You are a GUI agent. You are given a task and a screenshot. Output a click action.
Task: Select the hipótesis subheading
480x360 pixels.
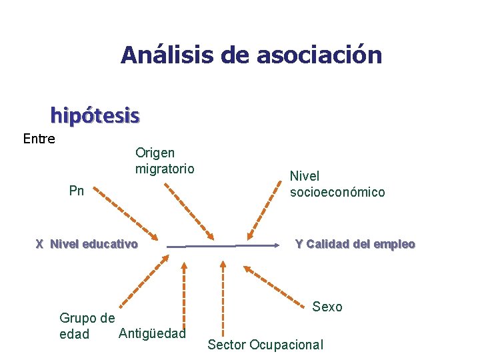95,116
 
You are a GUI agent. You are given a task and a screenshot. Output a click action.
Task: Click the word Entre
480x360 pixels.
39,139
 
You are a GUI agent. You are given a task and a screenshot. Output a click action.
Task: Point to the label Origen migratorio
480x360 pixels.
165,161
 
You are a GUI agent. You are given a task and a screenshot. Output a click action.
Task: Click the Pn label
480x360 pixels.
77,191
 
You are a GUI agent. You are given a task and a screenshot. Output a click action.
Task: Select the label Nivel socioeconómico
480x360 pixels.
337,184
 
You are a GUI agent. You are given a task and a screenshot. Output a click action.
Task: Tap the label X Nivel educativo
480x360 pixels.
87,244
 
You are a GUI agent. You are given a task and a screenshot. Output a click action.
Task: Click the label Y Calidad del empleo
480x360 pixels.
355,244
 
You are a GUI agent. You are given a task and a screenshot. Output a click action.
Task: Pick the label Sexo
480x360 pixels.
327,307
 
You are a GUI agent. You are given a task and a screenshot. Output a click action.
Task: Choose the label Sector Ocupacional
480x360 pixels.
265,345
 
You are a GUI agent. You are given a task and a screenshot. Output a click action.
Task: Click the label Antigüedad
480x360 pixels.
151,333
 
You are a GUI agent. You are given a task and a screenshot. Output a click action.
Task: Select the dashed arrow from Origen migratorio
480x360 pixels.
190,212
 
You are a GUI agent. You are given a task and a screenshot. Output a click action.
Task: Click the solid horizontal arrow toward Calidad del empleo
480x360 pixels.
223,246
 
